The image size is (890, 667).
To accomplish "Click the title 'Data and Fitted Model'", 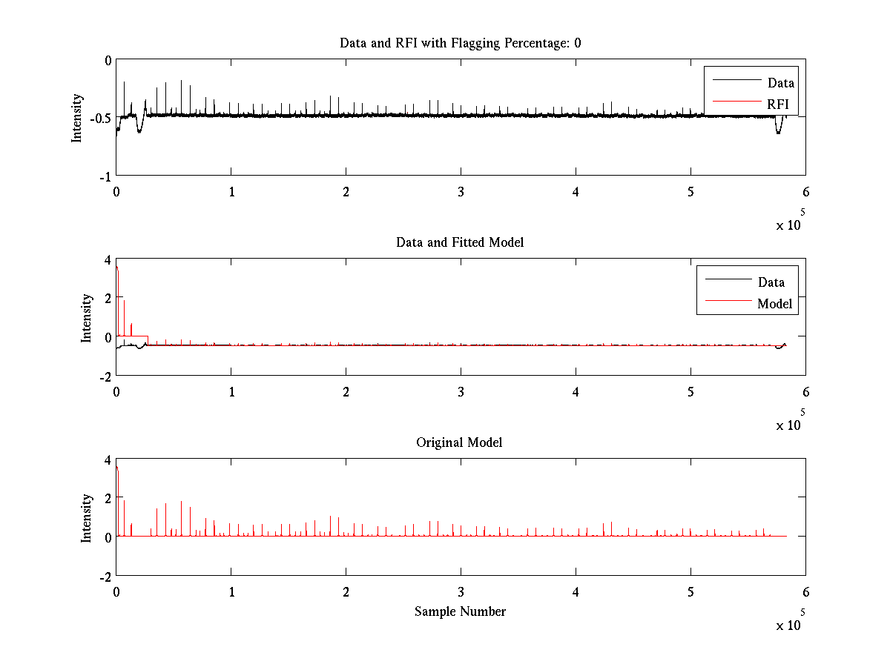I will pyautogui.click(x=460, y=242).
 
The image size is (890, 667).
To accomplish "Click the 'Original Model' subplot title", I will pyautogui.click(x=459, y=442).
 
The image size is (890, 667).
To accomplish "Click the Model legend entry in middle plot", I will pyautogui.click(x=774, y=303).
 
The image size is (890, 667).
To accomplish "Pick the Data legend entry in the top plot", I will pyautogui.click(x=780, y=82).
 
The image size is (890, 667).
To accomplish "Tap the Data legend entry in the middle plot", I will pyautogui.click(x=771, y=282).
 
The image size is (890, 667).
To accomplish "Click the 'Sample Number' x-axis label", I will pyautogui.click(x=460, y=611).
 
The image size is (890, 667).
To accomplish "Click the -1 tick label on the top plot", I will pyautogui.click(x=105, y=176).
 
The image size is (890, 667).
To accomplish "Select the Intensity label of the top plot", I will pyautogui.click(x=76, y=118).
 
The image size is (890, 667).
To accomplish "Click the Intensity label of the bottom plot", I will pyautogui.click(x=86, y=517).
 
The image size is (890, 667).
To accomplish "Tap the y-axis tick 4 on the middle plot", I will pyautogui.click(x=108, y=259).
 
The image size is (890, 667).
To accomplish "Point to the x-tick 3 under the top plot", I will pyautogui.click(x=461, y=191).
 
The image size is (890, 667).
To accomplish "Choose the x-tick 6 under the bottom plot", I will pyautogui.click(x=805, y=591).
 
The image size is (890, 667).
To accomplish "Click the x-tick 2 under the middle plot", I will pyautogui.click(x=346, y=391).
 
